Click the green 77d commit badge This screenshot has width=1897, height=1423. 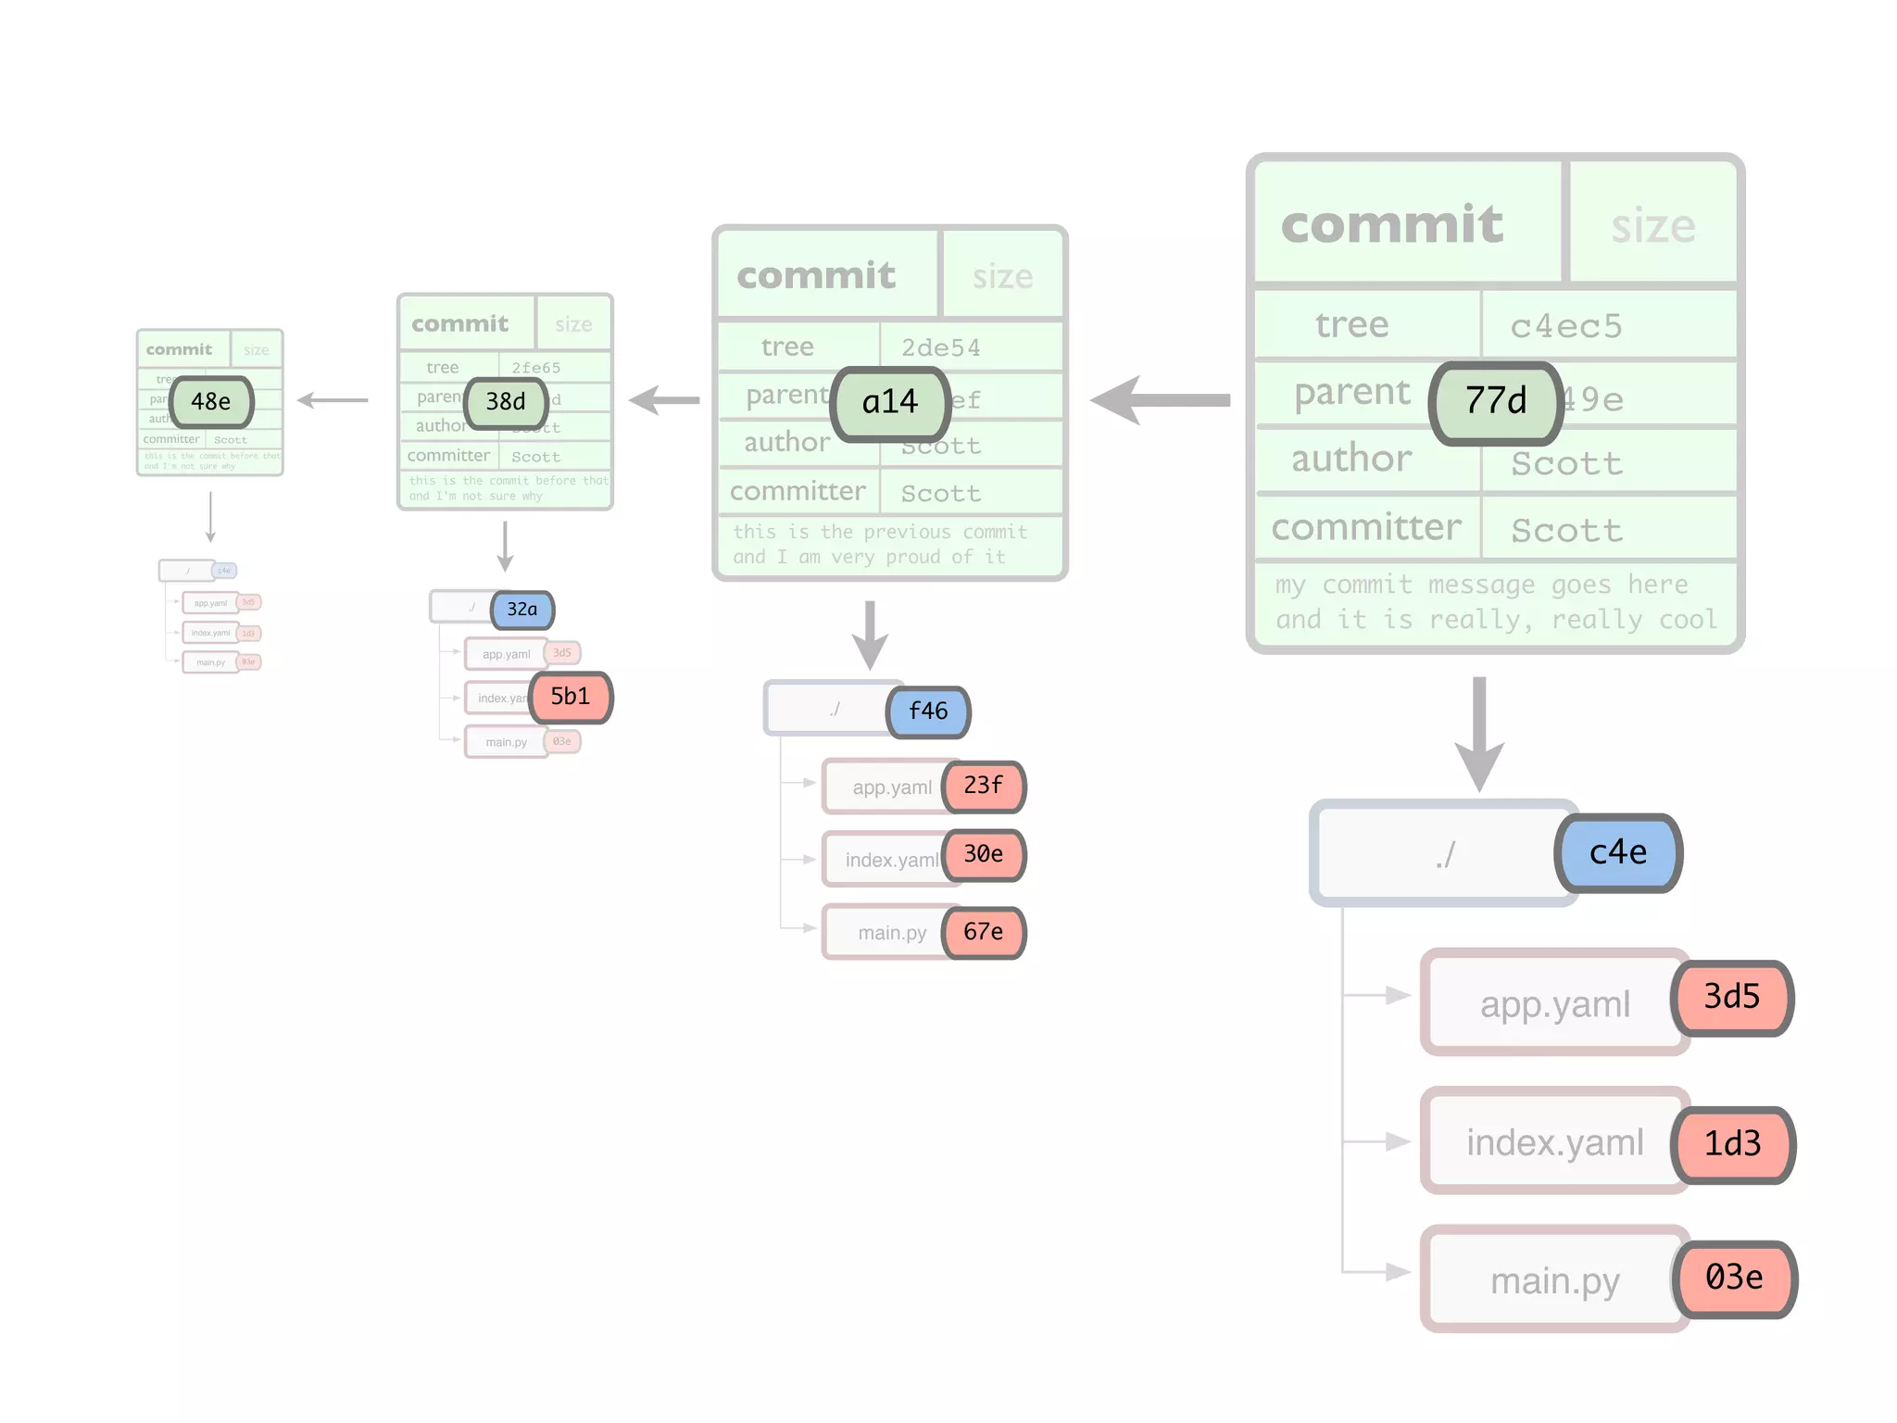point(1496,402)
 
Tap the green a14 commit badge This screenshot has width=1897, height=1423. point(890,402)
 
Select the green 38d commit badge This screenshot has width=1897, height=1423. point(506,402)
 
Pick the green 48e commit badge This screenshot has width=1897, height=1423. point(211,402)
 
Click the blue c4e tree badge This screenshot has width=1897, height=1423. point(1618,852)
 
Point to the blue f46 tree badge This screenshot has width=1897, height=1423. point(928,711)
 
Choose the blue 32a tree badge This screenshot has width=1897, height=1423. point(521,610)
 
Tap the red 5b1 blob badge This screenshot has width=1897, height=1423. point(571,697)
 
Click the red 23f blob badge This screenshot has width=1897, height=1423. point(984,786)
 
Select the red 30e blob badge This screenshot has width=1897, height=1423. point(984,854)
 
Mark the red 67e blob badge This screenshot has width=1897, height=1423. point(984,932)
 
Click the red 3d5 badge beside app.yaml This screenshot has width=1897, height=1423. point(1732,997)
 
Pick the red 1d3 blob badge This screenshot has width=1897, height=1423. point(1732,1144)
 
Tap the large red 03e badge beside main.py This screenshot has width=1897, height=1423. point(1734,1278)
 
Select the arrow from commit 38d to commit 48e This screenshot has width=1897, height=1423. point(333,400)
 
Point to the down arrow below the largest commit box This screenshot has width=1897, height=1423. point(1479,732)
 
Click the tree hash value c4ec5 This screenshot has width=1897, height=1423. point(1566,326)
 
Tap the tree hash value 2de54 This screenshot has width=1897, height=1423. point(940,348)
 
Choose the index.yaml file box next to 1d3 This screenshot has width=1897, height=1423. point(1553,1142)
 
